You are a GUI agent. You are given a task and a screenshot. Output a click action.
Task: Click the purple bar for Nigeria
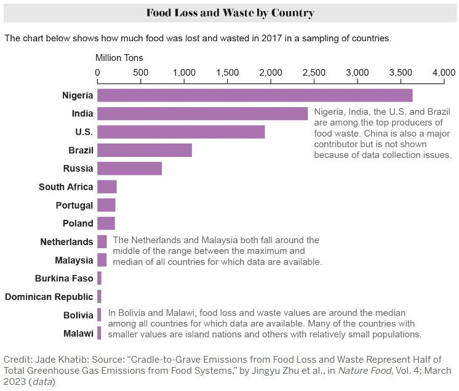tap(255, 95)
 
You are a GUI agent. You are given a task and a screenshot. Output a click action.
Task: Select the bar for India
tap(202, 114)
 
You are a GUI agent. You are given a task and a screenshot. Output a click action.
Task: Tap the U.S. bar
tap(181, 132)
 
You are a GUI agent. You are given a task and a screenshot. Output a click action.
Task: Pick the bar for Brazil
tap(145, 150)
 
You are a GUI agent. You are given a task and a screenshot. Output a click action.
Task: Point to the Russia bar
tap(129, 169)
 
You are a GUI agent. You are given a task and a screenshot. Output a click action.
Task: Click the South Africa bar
tap(107, 187)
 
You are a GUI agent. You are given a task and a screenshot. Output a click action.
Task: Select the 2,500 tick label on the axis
tap(314, 73)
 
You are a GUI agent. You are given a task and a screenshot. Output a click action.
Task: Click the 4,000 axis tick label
tap(444, 73)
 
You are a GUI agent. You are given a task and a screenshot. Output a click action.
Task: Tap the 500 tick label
tap(141, 73)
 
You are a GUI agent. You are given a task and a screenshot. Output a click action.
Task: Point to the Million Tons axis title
tap(119, 58)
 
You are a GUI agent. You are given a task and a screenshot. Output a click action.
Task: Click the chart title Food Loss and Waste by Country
tap(229, 13)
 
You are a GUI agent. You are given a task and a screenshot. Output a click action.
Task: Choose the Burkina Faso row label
tap(64, 278)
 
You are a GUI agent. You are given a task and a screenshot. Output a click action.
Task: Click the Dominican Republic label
tap(49, 297)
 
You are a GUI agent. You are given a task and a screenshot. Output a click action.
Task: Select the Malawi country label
tap(78, 333)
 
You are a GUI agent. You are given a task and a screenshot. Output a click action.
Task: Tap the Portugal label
tap(74, 205)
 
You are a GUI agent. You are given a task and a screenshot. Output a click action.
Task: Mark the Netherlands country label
tap(67, 242)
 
